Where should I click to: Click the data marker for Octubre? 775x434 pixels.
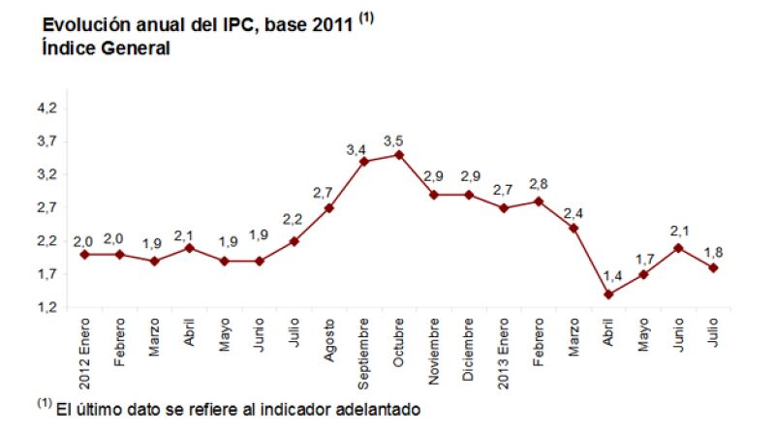[398, 154]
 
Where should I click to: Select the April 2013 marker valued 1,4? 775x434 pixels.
[607, 294]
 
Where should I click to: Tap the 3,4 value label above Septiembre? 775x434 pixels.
[356, 149]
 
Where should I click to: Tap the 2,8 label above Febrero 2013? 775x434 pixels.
[539, 184]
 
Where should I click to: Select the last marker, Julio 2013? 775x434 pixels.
[712, 267]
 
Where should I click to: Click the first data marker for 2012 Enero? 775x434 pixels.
[85, 254]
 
